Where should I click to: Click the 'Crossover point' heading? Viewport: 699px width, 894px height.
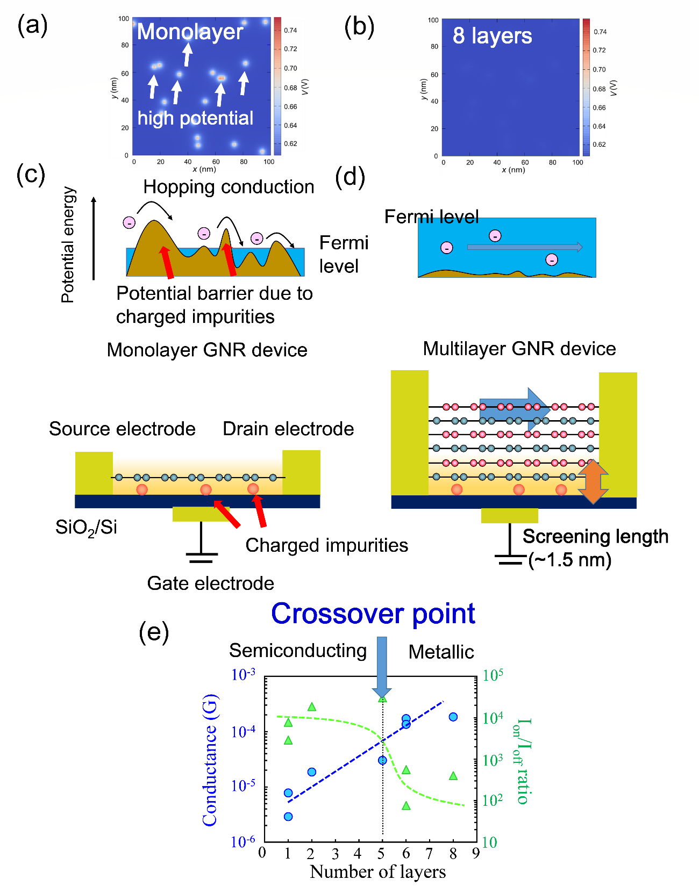pos(373,614)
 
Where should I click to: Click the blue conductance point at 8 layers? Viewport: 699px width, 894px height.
pos(453,717)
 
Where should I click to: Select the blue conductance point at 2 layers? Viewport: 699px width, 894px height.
pos(311,772)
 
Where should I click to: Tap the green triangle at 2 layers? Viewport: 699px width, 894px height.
pos(312,707)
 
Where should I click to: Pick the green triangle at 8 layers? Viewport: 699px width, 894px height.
pos(453,776)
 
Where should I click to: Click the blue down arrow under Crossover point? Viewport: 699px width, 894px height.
pos(382,666)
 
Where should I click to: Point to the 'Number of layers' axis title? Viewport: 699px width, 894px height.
pos(377,871)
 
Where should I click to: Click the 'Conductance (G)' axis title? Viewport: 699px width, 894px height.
pos(210,760)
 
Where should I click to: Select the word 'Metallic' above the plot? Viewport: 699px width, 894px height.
pos(441,652)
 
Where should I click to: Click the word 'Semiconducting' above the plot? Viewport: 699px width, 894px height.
pos(298,650)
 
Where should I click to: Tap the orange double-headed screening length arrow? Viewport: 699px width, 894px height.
pos(593,481)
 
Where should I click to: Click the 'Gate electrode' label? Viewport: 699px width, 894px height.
pos(210,583)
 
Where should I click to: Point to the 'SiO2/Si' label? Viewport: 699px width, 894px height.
pos(86,528)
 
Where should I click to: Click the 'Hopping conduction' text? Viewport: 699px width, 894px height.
pos(229,186)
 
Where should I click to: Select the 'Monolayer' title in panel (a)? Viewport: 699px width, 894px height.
pos(190,32)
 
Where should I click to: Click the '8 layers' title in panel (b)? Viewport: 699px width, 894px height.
pos(492,35)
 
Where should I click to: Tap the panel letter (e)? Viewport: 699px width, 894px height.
pos(154,632)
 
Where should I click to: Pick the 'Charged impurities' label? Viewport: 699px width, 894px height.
pos(326,545)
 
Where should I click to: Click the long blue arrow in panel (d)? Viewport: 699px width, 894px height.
pos(524,247)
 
